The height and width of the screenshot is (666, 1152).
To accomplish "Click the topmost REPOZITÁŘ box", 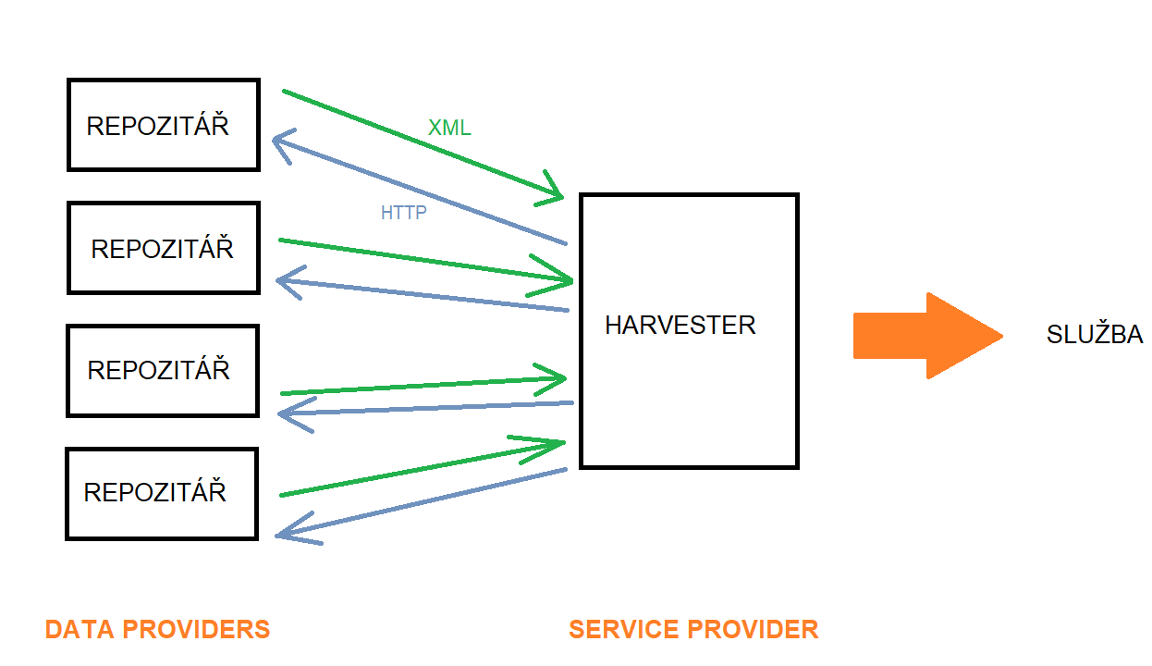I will (163, 125).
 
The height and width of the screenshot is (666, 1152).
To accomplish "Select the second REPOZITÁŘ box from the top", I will (164, 248).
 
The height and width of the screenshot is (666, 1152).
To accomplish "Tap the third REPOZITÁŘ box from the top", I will (163, 370).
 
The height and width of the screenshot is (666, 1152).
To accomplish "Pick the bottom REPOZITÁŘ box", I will (161, 493).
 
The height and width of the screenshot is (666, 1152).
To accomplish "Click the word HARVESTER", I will (680, 326).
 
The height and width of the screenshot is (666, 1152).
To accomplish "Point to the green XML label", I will (449, 129).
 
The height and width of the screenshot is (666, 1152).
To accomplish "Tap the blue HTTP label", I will (403, 213).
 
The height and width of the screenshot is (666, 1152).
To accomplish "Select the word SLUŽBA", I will (1095, 335).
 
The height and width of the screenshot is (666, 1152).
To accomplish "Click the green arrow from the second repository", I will (425, 260).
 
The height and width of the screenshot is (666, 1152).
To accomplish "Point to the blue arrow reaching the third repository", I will (425, 408).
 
